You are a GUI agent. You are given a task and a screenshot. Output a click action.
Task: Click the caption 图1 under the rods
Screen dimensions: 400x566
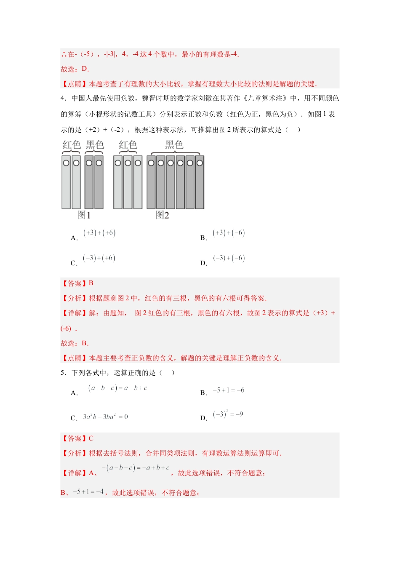tap(84, 215)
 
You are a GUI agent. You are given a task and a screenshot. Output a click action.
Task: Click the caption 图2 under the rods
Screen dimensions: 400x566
tap(162, 215)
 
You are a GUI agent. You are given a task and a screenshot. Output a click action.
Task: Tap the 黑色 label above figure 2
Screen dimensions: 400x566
tap(174, 145)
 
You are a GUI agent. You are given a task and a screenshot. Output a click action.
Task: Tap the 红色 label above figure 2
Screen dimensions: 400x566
tap(128, 145)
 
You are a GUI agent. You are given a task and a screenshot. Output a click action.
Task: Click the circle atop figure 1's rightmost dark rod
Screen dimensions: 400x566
tap(99, 163)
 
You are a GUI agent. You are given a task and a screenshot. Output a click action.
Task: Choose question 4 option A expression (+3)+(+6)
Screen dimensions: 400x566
tap(99, 233)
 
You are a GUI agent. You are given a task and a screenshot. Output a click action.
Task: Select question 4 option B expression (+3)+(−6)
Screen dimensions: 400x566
tap(229, 233)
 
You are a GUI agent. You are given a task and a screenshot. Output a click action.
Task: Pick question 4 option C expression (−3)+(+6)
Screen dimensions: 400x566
tap(99, 258)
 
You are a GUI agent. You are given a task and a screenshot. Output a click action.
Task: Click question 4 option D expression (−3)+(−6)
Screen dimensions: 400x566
tap(229, 258)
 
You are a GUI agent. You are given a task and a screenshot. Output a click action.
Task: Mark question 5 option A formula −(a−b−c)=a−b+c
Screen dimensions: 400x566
tap(115, 388)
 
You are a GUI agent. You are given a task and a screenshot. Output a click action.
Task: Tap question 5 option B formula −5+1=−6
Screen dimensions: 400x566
tap(228, 390)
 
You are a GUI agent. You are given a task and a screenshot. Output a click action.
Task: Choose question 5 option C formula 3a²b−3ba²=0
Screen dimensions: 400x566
tap(105, 417)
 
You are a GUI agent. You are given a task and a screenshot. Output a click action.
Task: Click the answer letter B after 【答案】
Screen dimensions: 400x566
tap(91, 283)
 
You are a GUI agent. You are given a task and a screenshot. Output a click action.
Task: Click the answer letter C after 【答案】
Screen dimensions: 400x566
tap(91, 438)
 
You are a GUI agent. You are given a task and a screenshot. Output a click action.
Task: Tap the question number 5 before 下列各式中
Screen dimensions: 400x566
tap(63, 373)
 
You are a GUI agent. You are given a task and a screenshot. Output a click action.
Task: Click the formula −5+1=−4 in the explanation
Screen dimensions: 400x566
tap(88, 491)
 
